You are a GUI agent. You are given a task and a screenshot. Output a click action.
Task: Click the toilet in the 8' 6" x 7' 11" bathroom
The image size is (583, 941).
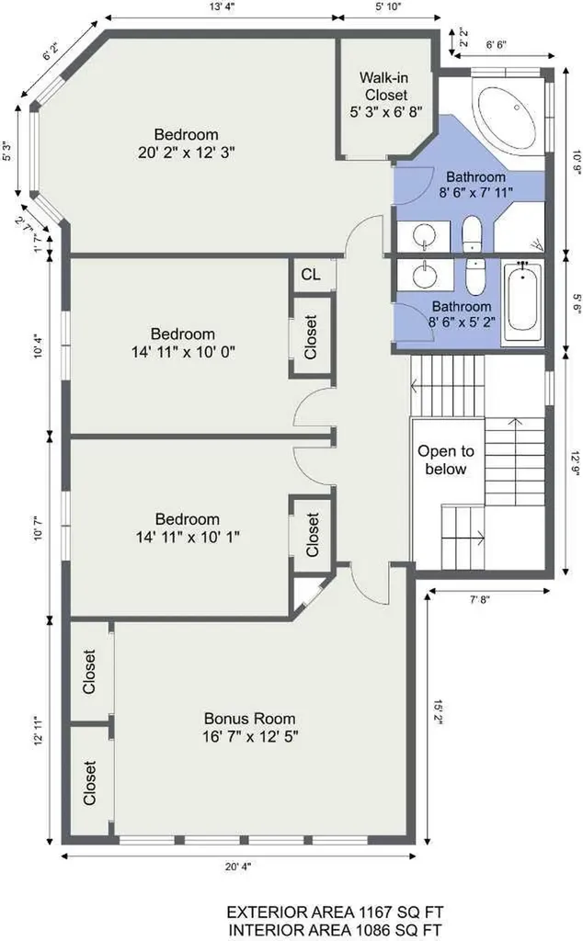tap(472, 234)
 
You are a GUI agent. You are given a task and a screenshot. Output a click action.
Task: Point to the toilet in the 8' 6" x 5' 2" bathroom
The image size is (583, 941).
tap(474, 278)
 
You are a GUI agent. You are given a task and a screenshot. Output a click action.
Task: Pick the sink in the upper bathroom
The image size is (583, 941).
tap(426, 234)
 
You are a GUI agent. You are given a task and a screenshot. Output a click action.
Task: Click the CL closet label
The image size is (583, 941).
tap(311, 274)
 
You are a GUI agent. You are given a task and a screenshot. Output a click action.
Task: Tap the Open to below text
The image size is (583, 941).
tap(445, 459)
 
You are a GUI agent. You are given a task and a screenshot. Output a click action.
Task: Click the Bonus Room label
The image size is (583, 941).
tap(249, 719)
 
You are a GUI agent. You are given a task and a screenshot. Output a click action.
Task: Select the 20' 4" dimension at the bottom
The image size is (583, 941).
tap(238, 867)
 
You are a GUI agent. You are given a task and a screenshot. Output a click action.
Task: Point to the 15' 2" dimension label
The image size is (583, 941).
tap(439, 712)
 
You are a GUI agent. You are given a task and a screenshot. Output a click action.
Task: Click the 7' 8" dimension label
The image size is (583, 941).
tap(480, 599)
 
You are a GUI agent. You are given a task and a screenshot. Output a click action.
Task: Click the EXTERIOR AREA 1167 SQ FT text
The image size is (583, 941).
tap(335, 913)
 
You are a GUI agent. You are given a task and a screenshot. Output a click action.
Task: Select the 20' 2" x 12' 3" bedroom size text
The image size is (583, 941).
tap(186, 153)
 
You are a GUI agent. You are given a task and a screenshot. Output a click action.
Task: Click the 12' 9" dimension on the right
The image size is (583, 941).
tap(577, 463)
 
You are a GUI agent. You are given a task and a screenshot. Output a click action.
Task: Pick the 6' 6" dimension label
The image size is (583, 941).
tap(496, 44)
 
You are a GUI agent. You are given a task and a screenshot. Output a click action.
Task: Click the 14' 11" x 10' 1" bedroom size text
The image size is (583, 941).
tap(188, 537)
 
